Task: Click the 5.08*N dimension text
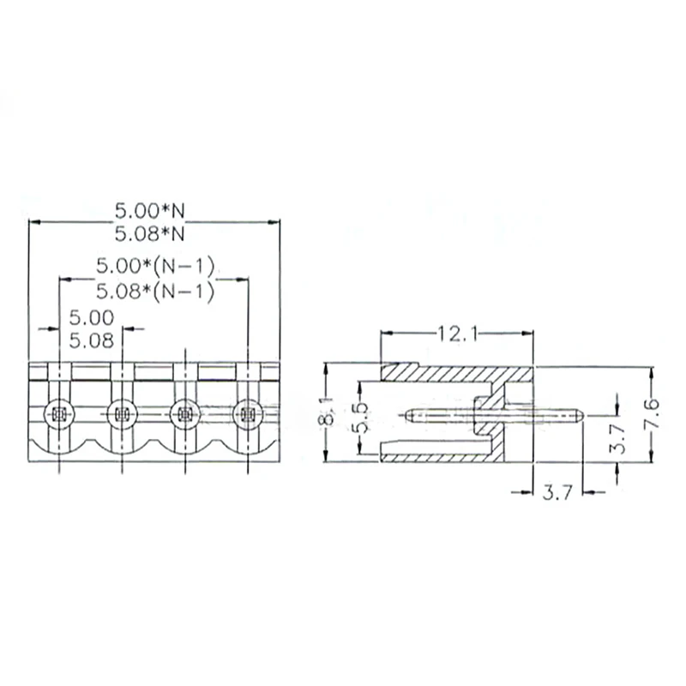(150, 232)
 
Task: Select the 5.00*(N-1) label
(153, 266)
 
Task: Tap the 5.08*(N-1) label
(153, 292)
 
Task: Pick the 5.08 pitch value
(91, 340)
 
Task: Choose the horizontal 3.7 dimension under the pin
(557, 492)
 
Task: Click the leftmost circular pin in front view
(59, 415)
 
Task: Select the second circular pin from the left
(122, 415)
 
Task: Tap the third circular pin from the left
(185, 415)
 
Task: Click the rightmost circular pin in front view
(248, 415)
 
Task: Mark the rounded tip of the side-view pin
(580, 416)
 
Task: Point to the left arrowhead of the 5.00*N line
(33, 221)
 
